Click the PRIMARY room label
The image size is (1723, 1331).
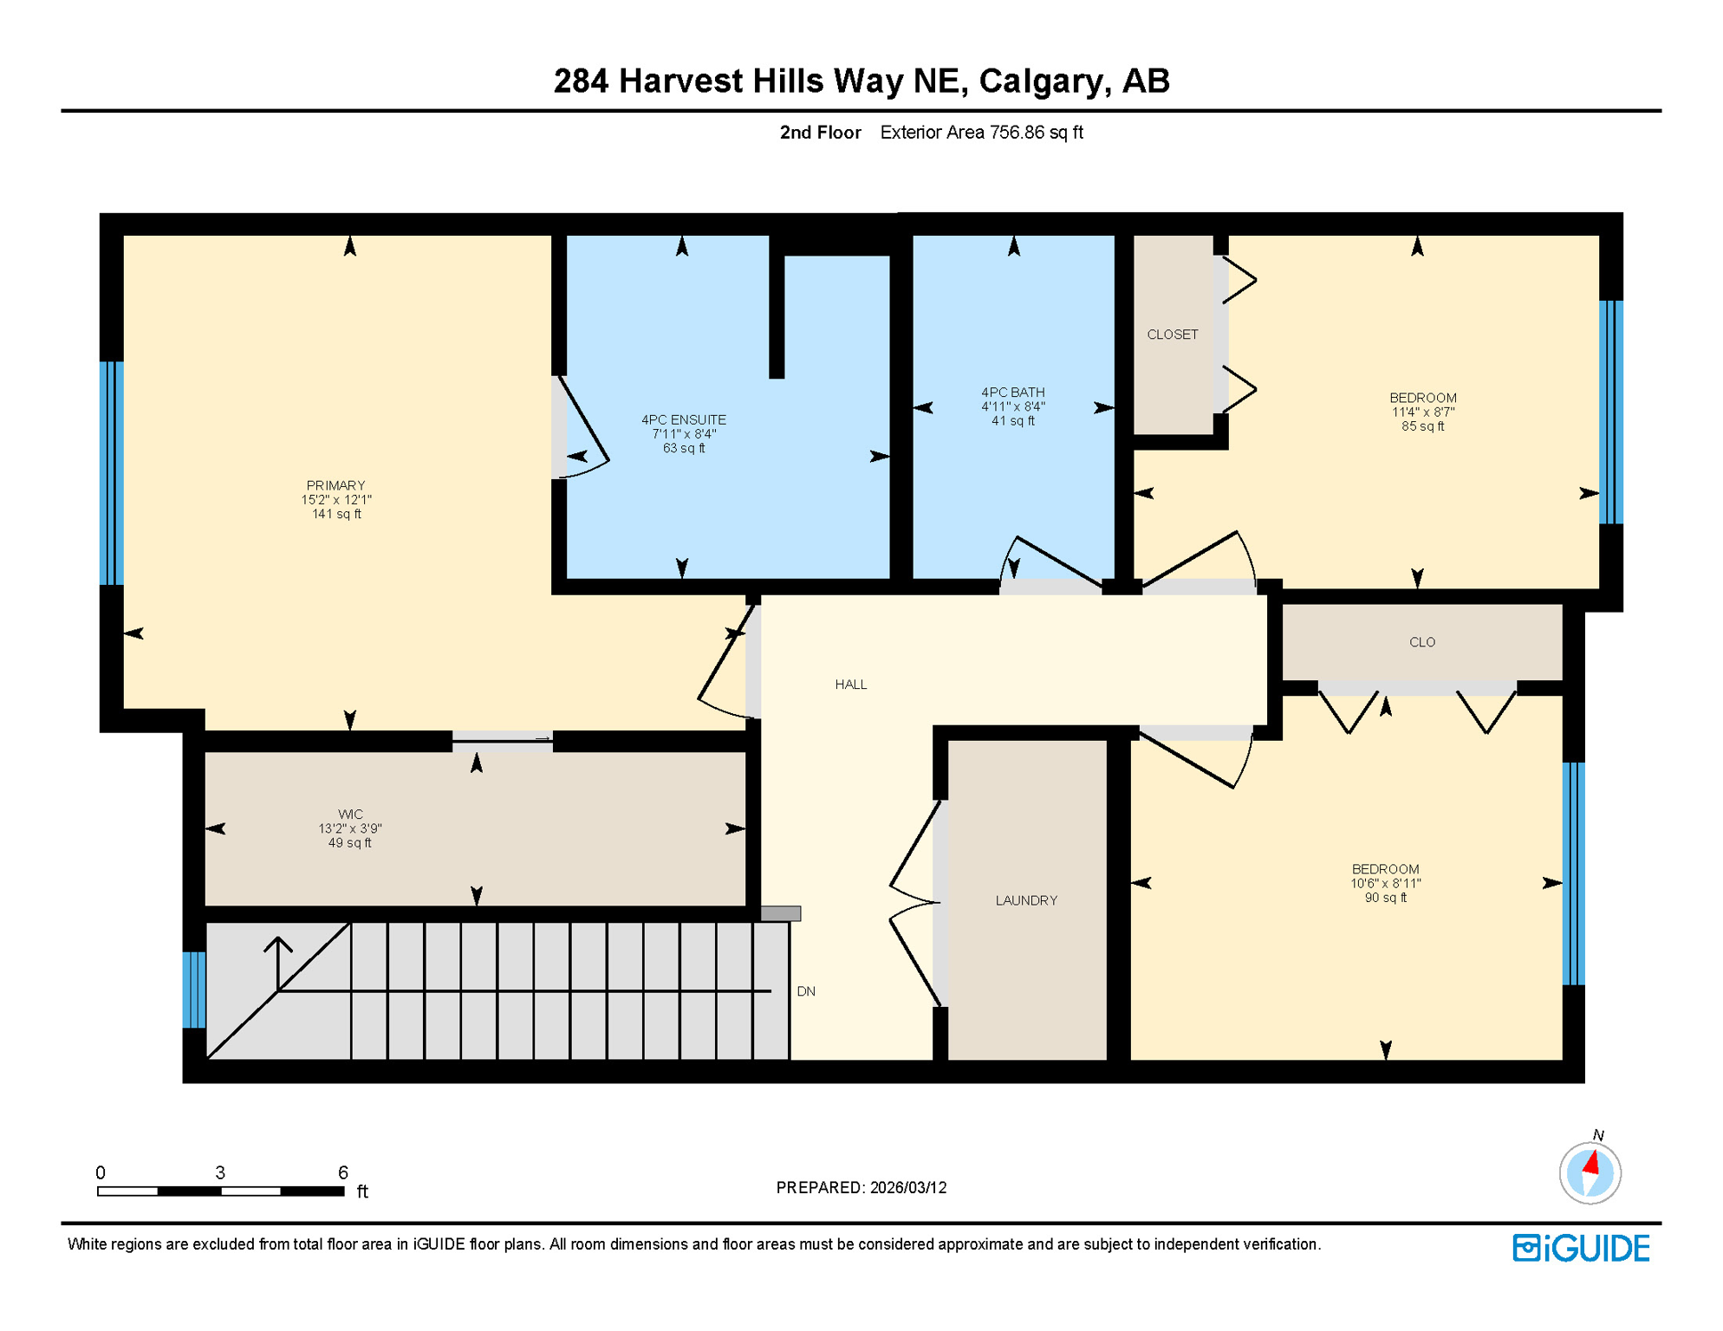335,485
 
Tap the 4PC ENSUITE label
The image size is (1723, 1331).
683,419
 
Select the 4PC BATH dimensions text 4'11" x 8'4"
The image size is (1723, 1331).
1012,406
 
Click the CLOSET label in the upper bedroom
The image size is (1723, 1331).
1172,334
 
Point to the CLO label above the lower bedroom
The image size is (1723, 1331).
1421,642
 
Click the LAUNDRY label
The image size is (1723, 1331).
1025,900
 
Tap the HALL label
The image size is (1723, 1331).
850,685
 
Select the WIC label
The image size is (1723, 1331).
350,814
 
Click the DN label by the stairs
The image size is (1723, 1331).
805,991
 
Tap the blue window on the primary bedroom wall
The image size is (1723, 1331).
112,473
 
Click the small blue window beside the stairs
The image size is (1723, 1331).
194,990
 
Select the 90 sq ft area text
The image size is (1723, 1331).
1385,898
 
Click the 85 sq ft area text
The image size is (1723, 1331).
1422,426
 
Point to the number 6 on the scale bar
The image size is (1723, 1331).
343,1172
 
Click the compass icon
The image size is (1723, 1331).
1590,1172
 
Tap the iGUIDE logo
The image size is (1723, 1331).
1581,1248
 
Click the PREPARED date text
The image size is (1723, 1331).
861,1187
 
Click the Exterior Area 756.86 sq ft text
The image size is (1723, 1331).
981,133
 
